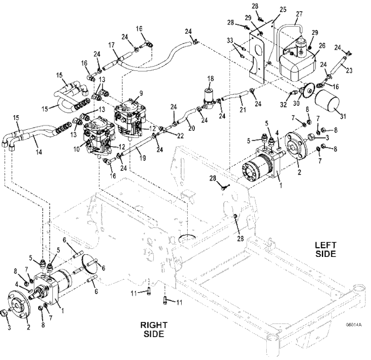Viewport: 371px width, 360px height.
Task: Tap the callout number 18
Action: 211,79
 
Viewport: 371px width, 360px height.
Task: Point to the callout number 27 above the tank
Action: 299,14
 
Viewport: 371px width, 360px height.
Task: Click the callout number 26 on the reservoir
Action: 322,45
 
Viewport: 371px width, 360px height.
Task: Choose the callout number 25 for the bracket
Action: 283,9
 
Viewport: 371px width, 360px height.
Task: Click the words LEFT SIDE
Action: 326,249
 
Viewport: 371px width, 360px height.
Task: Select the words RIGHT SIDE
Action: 154,329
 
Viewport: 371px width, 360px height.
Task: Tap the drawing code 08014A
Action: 354,325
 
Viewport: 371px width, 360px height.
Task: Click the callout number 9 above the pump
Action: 141,93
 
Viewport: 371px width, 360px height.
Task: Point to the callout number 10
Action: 76,149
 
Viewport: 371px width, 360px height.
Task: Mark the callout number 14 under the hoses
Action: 39,152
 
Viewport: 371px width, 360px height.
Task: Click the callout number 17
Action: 111,45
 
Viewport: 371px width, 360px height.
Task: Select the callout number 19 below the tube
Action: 142,158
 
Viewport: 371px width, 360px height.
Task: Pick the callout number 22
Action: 180,136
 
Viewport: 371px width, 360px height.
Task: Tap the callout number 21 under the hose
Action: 243,109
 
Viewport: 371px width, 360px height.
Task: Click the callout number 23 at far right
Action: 349,70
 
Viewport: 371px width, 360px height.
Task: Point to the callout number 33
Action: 230,40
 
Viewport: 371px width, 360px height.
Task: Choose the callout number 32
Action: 284,104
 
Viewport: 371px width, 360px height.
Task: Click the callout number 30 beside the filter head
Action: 296,104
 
